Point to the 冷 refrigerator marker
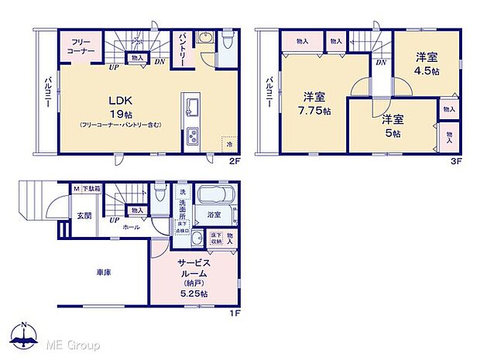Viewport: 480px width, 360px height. pyautogui.click(x=229, y=144)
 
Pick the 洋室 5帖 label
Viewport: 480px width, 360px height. pyautogui.click(x=391, y=125)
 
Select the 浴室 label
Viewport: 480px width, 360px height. pyautogui.click(x=213, y=214)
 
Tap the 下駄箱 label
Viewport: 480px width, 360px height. pyautogui.click(x=91, y=188)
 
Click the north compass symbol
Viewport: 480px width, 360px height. pyautogui.click(x=25, y=334)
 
